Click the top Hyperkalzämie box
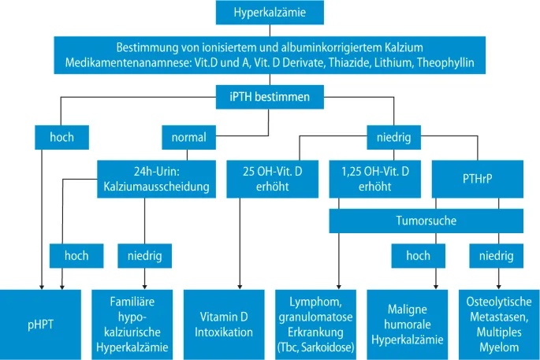pyautogui.click(x=270, y=13)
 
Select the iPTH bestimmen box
pyautogui.click(x=270, y=97)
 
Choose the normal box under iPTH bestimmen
pyautogui.click(x=188, y=137)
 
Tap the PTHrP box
pyautogui.click(x=478, y=180)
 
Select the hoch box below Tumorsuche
pyautogui.click(x=418, y=255)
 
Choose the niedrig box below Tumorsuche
pyautogui.click(x=496, y=255)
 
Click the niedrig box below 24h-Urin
pyautogui.click(x=144, y=255)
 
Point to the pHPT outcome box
pyautogui.click(x=39, y=324)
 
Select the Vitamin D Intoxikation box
pyautogui.click(x=222, y=324)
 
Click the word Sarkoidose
pyautogui.click(x=333, y=347)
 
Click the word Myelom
pyautogui.click(x=498, y=347)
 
